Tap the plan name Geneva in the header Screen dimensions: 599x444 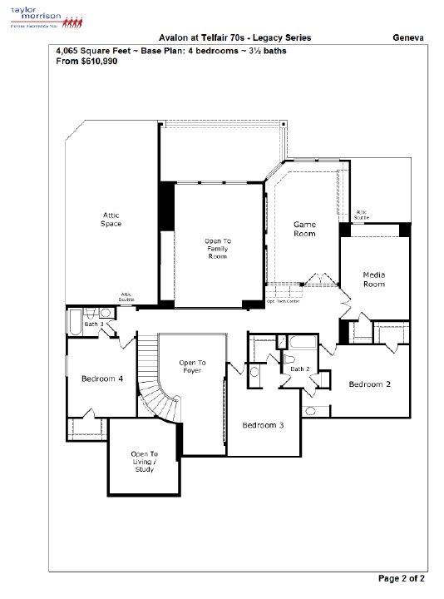click(x=411, y=38)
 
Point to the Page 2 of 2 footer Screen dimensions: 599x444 click(x=402, y=577)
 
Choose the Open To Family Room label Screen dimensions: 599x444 click(x=217, y=249)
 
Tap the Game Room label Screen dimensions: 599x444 click(x=304, y=230)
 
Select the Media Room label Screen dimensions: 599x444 click(x=374, y=280)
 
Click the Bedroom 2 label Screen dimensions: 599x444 click(x=369, y=384)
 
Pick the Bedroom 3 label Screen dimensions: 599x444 click(x=263, y=425)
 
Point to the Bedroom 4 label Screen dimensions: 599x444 click(x=102, y=379)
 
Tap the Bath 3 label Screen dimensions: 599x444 click(x=93, y=324)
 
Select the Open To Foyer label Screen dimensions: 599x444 click(x=192, y=367)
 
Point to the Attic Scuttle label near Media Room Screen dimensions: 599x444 click(x=362, y=215)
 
